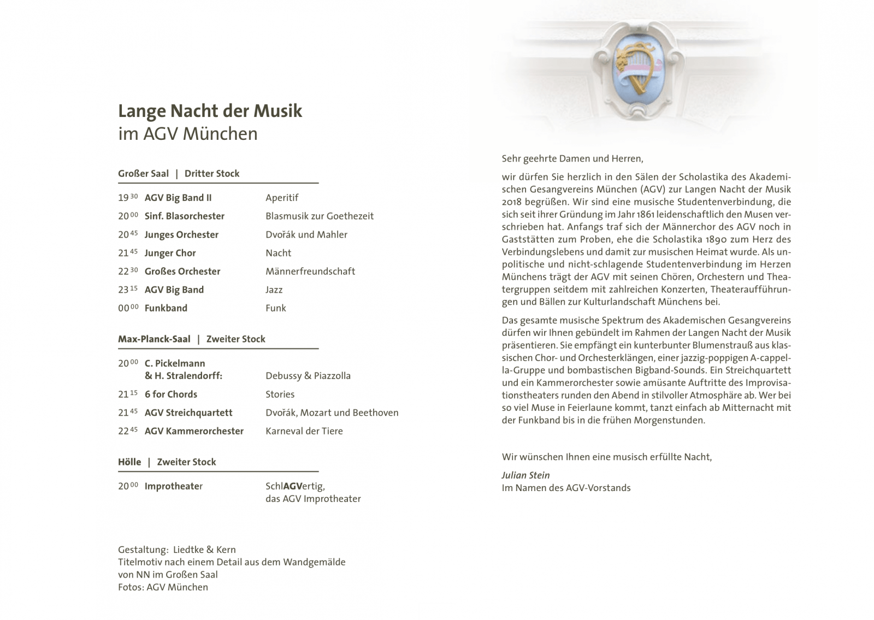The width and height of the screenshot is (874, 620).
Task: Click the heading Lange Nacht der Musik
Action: click(210, 111)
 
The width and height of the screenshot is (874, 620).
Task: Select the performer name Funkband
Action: click(166, 308)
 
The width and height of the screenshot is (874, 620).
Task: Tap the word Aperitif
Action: click(282, 198)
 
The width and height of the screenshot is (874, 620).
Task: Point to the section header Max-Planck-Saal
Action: click(154, 339)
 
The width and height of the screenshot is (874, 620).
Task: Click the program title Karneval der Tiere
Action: click(304, 431)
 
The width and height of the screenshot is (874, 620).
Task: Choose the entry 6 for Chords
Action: click(170, 394)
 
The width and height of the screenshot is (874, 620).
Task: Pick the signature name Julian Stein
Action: click(525, 475)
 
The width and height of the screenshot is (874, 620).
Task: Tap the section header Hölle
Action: click(129, 462)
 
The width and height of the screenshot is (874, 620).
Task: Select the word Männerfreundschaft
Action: click(310, 271)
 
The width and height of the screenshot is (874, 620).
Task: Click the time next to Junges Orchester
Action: click(127, 235)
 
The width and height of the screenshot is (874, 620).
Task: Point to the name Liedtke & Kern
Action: click(204, 550)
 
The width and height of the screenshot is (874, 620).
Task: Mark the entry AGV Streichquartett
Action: click(188, 413)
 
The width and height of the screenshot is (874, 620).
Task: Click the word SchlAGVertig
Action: click(295, 486)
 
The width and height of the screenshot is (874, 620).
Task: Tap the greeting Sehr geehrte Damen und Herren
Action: click(572, 159)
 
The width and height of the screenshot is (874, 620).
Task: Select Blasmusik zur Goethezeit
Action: click(319, 216)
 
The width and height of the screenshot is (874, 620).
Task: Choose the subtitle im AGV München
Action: click(187, 134)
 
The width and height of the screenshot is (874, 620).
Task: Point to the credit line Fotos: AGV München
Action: click(163, 587)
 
